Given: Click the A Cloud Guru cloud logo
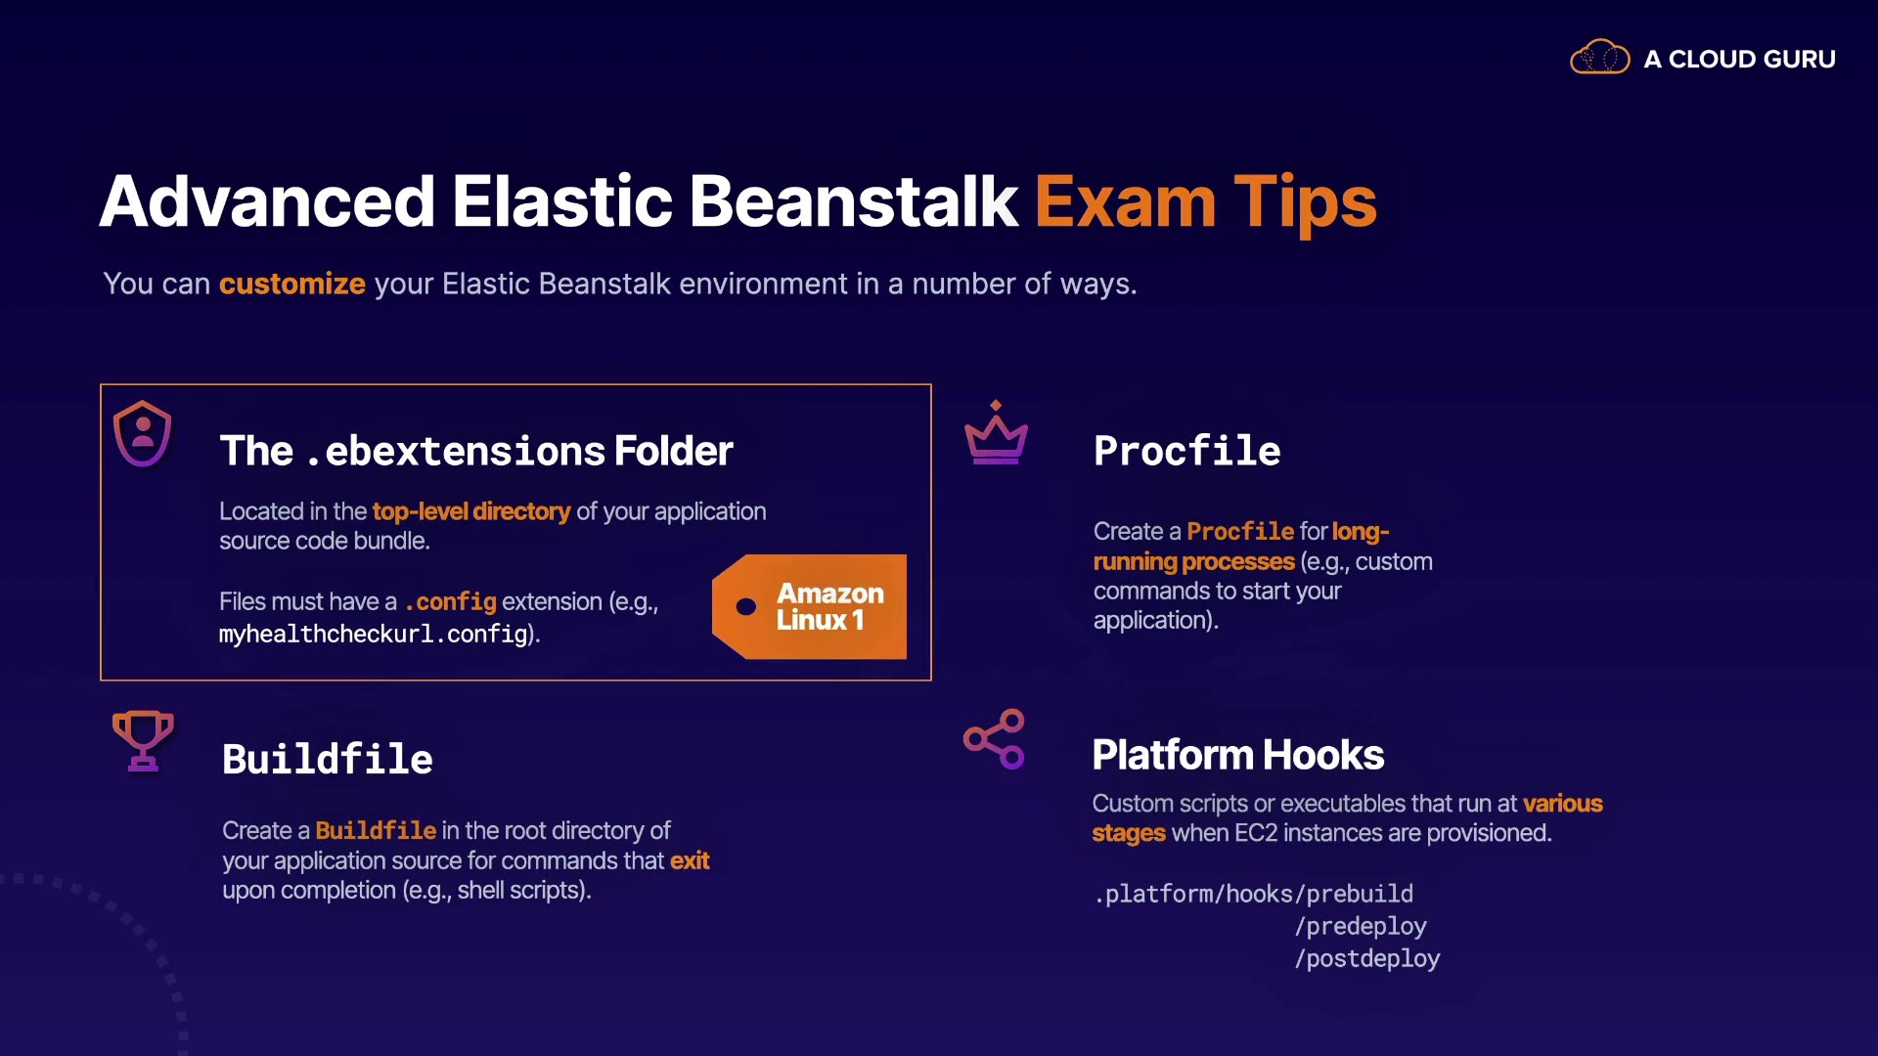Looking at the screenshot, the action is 1600,58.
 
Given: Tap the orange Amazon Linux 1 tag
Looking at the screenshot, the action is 810,606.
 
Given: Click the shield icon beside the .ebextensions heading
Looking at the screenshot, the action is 143,433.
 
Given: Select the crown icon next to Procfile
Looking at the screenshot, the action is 996,432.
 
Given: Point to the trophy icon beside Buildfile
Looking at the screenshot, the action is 143,740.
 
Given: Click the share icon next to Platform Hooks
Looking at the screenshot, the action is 994,739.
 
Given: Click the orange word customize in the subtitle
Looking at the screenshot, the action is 292,284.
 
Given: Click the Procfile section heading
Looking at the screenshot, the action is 1187,451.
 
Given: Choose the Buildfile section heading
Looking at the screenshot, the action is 328,759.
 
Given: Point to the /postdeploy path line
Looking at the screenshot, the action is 1367,958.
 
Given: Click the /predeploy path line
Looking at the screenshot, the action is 1361,926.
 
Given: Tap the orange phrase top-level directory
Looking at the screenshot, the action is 471,511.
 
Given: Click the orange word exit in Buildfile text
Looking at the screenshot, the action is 690,860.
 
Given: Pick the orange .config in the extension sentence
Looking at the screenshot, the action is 450,601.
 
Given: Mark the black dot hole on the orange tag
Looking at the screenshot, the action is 746,607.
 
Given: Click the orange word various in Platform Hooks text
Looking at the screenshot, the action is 1563,804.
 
